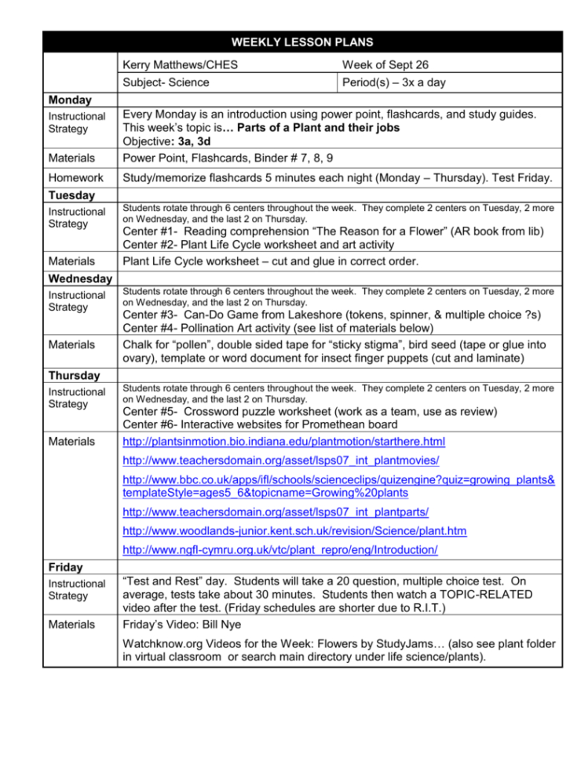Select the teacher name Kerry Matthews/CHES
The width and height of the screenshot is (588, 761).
coord(181,64)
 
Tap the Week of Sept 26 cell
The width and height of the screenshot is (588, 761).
coord(385,64)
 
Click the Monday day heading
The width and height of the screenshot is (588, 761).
coord(70,100)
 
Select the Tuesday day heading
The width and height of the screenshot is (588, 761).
coord(71,195)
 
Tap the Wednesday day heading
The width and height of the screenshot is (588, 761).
coord(79,279)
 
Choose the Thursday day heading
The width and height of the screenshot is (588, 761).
coord(74,375)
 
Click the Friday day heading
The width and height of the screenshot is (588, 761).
coord(65,566)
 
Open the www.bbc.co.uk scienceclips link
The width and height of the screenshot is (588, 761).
coord(339,485)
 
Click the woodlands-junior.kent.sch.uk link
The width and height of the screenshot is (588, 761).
coord(294,531)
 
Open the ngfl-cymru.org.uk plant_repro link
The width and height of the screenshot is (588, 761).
coord(280,551)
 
